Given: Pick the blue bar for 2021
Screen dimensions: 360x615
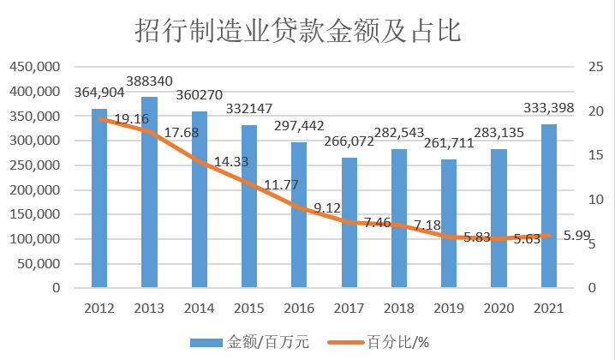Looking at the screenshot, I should click(549, 206).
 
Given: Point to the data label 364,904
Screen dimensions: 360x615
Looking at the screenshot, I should click(100, 93).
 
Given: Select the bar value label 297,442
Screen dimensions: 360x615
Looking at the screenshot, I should click(299, 126).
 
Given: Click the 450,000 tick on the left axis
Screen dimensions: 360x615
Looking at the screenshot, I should click(34, 67).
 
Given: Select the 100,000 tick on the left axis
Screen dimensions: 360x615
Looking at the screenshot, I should click(34, 239).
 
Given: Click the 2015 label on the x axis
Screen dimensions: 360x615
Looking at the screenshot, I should click(249, 306).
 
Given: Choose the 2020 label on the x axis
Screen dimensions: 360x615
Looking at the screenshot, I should click(499, 306).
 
